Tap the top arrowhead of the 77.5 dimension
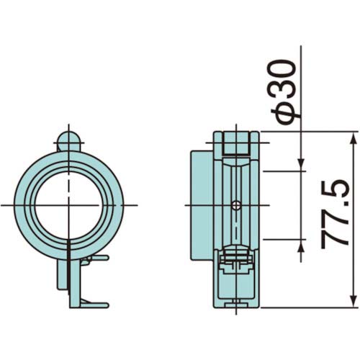pos(352,135)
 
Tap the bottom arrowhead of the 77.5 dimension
pos(352,303)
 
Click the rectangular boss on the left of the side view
pos(201,205)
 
